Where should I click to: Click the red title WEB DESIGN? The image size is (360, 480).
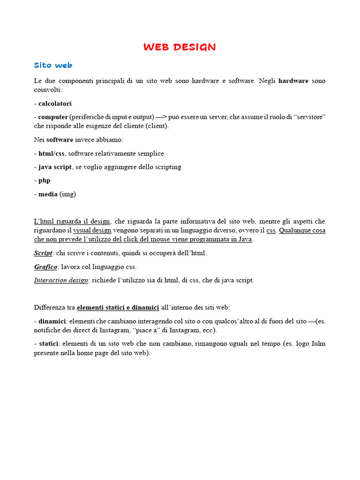tap(180, 47)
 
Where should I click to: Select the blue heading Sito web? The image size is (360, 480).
tap(53, 65)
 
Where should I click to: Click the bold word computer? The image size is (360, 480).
tap(53, 116)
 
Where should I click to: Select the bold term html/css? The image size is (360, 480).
tap(52, 153)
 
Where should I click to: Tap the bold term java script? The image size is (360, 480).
tap(55, 167)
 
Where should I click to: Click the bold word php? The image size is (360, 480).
tap(44, 180)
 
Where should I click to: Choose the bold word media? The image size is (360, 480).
tap(48, 194)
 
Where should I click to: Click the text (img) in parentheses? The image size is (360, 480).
tap(67, 194)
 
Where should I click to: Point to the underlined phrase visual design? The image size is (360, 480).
tap(92, 230)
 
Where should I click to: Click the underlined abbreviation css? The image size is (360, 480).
tap(271, 230)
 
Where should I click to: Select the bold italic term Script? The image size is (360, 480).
tap(43, 253)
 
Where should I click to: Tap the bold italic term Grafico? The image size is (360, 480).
tap(45, 267)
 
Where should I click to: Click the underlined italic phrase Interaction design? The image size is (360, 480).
tap(61, 280)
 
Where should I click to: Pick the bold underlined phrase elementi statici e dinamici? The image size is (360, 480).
tap(118, 307)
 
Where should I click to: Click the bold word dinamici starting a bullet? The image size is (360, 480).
tap(52, 321)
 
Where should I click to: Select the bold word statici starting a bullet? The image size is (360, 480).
tap(49, 344)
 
